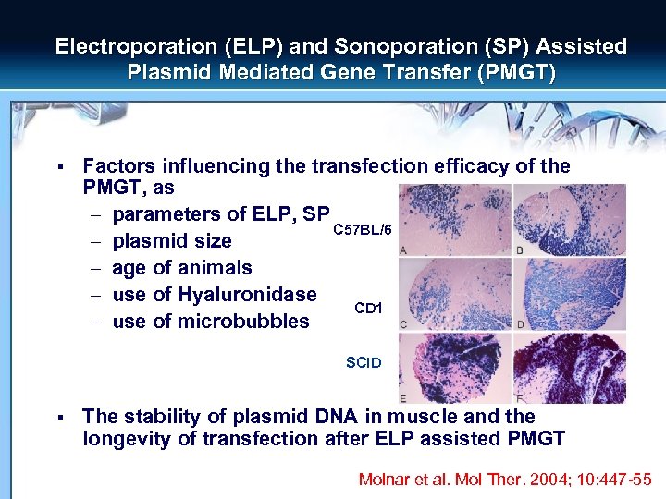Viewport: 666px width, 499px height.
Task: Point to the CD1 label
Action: pyautogui.click(x=367, y=307)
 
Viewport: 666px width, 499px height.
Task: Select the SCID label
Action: pyautogui.click(x=364, y=363)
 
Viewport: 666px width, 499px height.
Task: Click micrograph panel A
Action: pyautogui.click(x=454, y=220)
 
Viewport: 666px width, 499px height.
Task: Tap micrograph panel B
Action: pyautogui.click(x=569, y=220)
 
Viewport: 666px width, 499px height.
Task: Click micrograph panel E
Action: pyautogui.click(x=454, y=368)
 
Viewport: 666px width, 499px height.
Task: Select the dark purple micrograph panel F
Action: pyautogui.click(x=569, y=368)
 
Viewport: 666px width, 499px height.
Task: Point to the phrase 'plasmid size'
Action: pyautogui.click(x=171, y=241)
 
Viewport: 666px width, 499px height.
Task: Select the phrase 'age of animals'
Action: pyautogui.click(x=181, y=268)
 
